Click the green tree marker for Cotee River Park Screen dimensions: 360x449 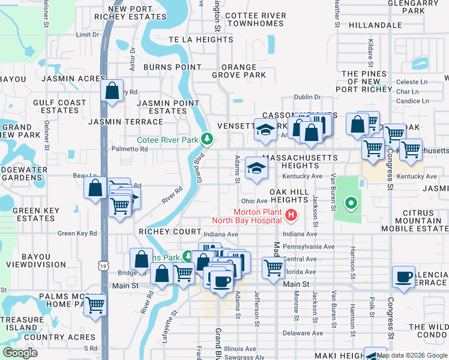tap(207, 139)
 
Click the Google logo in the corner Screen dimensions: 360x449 tap(20, 353)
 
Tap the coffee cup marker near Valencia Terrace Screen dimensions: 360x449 tap(403, 277)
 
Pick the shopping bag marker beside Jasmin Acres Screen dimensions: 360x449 tap(112, 91)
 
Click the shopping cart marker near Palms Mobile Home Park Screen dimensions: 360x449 tap(95, 305)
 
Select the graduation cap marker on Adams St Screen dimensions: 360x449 tap(256, 169)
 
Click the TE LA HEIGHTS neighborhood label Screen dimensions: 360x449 tap(200, 40)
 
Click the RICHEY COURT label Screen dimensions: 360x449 tap(170, 232)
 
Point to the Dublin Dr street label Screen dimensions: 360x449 tap(308, 97)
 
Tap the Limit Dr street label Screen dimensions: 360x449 tap(88, 35)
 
